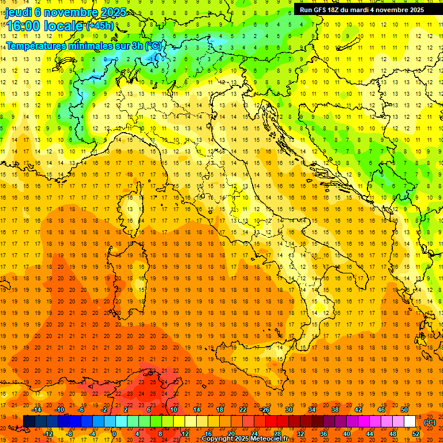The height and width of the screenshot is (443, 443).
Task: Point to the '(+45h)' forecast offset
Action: click(100, 26)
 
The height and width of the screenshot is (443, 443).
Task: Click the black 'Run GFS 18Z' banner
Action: click(362, 9)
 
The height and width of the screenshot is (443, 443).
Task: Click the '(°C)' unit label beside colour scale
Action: click(430, 422)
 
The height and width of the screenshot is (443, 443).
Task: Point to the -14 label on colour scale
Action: click(38, 410)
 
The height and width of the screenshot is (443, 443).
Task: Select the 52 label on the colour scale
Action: click(416, 433)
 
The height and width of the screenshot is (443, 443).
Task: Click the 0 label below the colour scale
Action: click(114, 433)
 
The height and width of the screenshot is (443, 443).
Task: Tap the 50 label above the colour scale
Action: click(404, 410)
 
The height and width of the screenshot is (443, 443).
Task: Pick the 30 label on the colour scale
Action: click(288, 410)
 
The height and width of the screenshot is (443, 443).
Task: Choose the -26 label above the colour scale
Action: click(265, 410)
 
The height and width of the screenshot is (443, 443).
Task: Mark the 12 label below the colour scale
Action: click(185, 433)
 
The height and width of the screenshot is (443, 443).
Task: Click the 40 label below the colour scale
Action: click(346, 433)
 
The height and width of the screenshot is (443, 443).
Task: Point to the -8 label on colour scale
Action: click(69, 433)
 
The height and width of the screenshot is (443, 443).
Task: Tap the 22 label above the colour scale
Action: click(242, 410)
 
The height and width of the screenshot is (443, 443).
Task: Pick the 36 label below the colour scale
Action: click(323, 433)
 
